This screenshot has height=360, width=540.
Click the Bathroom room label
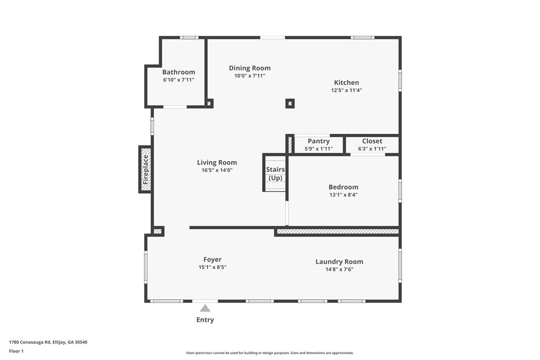click(178, 72)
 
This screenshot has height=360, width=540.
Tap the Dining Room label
click(249, 68)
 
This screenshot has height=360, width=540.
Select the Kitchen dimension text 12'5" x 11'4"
click(346, 90)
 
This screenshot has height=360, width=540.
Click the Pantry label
click(319, 141)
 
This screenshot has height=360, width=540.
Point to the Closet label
click(372, 141)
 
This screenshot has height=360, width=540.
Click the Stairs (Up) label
click(275, 174)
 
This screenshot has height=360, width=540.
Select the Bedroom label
click(343, 187)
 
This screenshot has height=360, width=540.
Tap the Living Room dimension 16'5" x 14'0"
click(217, 170)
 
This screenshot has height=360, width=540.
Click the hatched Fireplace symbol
click(146, 170)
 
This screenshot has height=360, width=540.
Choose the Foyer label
click(213, 259)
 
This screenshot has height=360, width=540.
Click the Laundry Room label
click(339, 261)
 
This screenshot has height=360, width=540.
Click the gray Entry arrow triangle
click(205, 308)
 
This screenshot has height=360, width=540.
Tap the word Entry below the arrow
click(205, 320)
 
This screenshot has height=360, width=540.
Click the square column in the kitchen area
click(290, 103)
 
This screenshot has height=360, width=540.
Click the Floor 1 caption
click(16, 351)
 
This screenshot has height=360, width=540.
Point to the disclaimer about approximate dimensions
click(269, 353)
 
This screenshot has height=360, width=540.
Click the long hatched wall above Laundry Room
click(337, 231)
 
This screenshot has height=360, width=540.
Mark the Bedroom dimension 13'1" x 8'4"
click(343, 195)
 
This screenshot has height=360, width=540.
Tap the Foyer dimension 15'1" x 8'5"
click(213, 267)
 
